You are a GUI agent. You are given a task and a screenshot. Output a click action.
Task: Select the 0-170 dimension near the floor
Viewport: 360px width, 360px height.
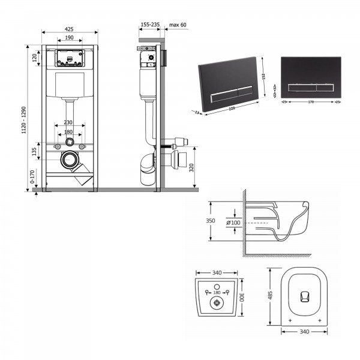coord(34,177)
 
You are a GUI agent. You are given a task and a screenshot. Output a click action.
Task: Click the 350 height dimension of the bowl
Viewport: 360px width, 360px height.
coord(211,221)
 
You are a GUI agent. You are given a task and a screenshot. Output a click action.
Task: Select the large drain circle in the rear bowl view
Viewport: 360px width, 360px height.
coord(215,303)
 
